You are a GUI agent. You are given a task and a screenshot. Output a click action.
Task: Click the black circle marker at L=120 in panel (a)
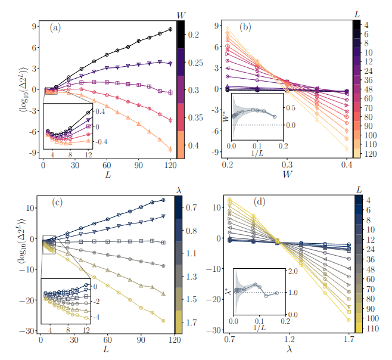170,29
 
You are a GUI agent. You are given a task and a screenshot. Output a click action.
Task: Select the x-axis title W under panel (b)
288,175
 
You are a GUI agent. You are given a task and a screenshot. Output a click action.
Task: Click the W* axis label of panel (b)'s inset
224,113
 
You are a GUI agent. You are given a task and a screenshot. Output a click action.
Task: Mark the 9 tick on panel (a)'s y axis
36,26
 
